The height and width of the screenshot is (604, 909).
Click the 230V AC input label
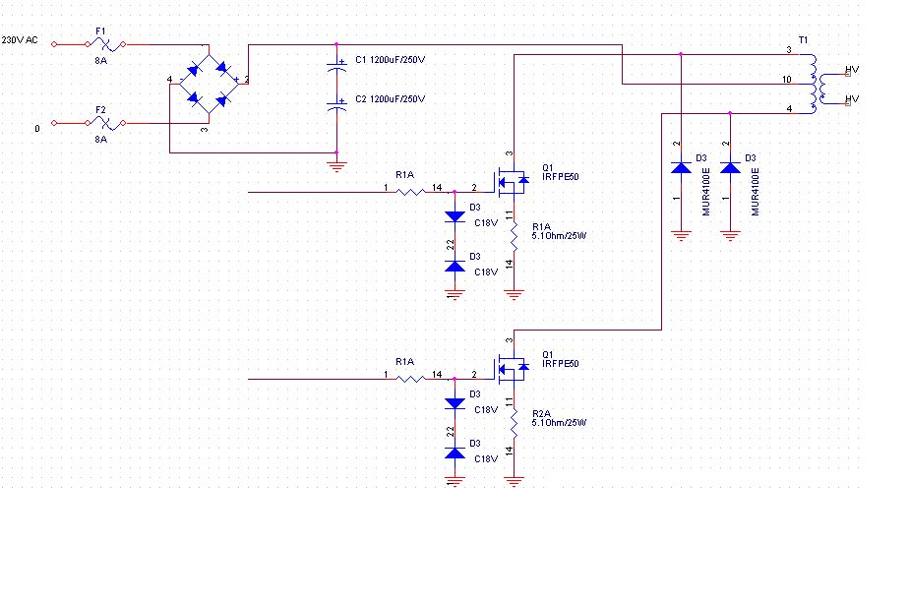(20, 40)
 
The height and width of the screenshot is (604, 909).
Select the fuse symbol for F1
(105, 44)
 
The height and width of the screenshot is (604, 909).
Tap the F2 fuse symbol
(105, 123)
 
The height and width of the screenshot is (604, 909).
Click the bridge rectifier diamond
(209, 84)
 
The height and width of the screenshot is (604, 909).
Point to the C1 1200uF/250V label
(391, 60)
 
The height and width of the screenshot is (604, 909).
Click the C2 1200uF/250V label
(391, 99)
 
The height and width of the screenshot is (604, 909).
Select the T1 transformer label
(803, 40)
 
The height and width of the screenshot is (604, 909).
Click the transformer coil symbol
(818, 84)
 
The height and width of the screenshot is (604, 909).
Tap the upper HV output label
(852, 70)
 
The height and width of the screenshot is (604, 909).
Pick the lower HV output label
(852, 99)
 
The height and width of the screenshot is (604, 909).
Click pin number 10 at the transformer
(787, 80)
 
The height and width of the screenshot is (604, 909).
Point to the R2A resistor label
(541, 414)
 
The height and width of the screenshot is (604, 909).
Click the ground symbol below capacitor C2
(336, 167)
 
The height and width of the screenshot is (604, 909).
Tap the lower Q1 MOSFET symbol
(512, 368)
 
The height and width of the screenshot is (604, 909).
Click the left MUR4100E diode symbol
(681, 168)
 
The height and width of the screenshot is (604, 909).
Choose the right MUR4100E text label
(755, 192)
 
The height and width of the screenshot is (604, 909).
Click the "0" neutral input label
(37, 129)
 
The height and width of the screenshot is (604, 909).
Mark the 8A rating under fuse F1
(101, 60)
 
